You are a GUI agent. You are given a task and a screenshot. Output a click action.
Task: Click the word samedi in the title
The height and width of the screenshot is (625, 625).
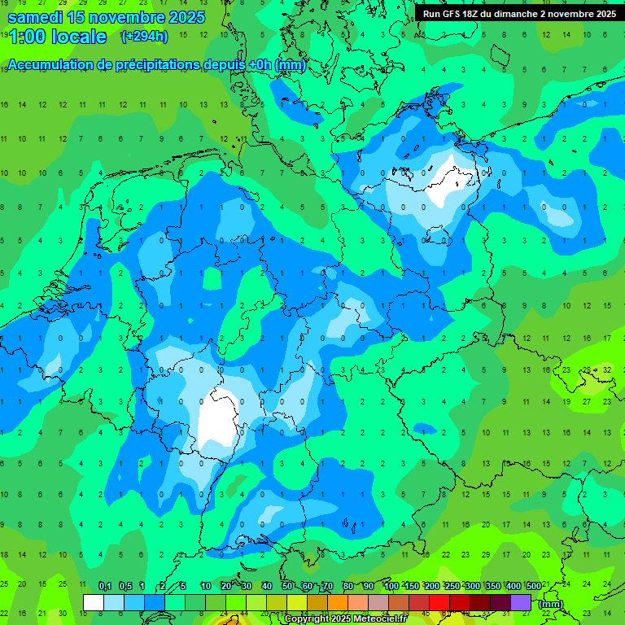pos(35,17)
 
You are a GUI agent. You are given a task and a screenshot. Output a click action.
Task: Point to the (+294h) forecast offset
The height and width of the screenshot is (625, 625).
pos(145,37)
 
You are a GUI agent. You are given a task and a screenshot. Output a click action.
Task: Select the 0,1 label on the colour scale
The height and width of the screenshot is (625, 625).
pos(104,587)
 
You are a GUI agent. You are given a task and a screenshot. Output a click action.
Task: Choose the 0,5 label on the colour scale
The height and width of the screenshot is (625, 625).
pos(125,587)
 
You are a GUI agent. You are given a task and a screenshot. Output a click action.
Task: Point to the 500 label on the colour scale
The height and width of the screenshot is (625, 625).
pos(534,587)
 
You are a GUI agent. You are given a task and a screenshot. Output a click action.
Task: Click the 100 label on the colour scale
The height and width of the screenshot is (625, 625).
pos(391,587)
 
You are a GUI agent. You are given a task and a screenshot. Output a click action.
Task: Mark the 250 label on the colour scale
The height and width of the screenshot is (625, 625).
pos(452,587)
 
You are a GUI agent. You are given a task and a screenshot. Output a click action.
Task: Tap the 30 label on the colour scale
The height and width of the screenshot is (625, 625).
pos(247,587)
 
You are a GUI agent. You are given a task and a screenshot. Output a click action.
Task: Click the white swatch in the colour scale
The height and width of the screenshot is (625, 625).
pos(94,603)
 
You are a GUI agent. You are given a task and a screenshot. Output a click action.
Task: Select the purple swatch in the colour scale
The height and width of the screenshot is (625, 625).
pos(521,603)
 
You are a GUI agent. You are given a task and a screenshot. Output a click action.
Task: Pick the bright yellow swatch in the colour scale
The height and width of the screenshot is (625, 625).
pos(297,603)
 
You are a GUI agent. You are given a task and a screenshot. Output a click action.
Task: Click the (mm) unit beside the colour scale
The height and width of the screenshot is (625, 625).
pos(551,604)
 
